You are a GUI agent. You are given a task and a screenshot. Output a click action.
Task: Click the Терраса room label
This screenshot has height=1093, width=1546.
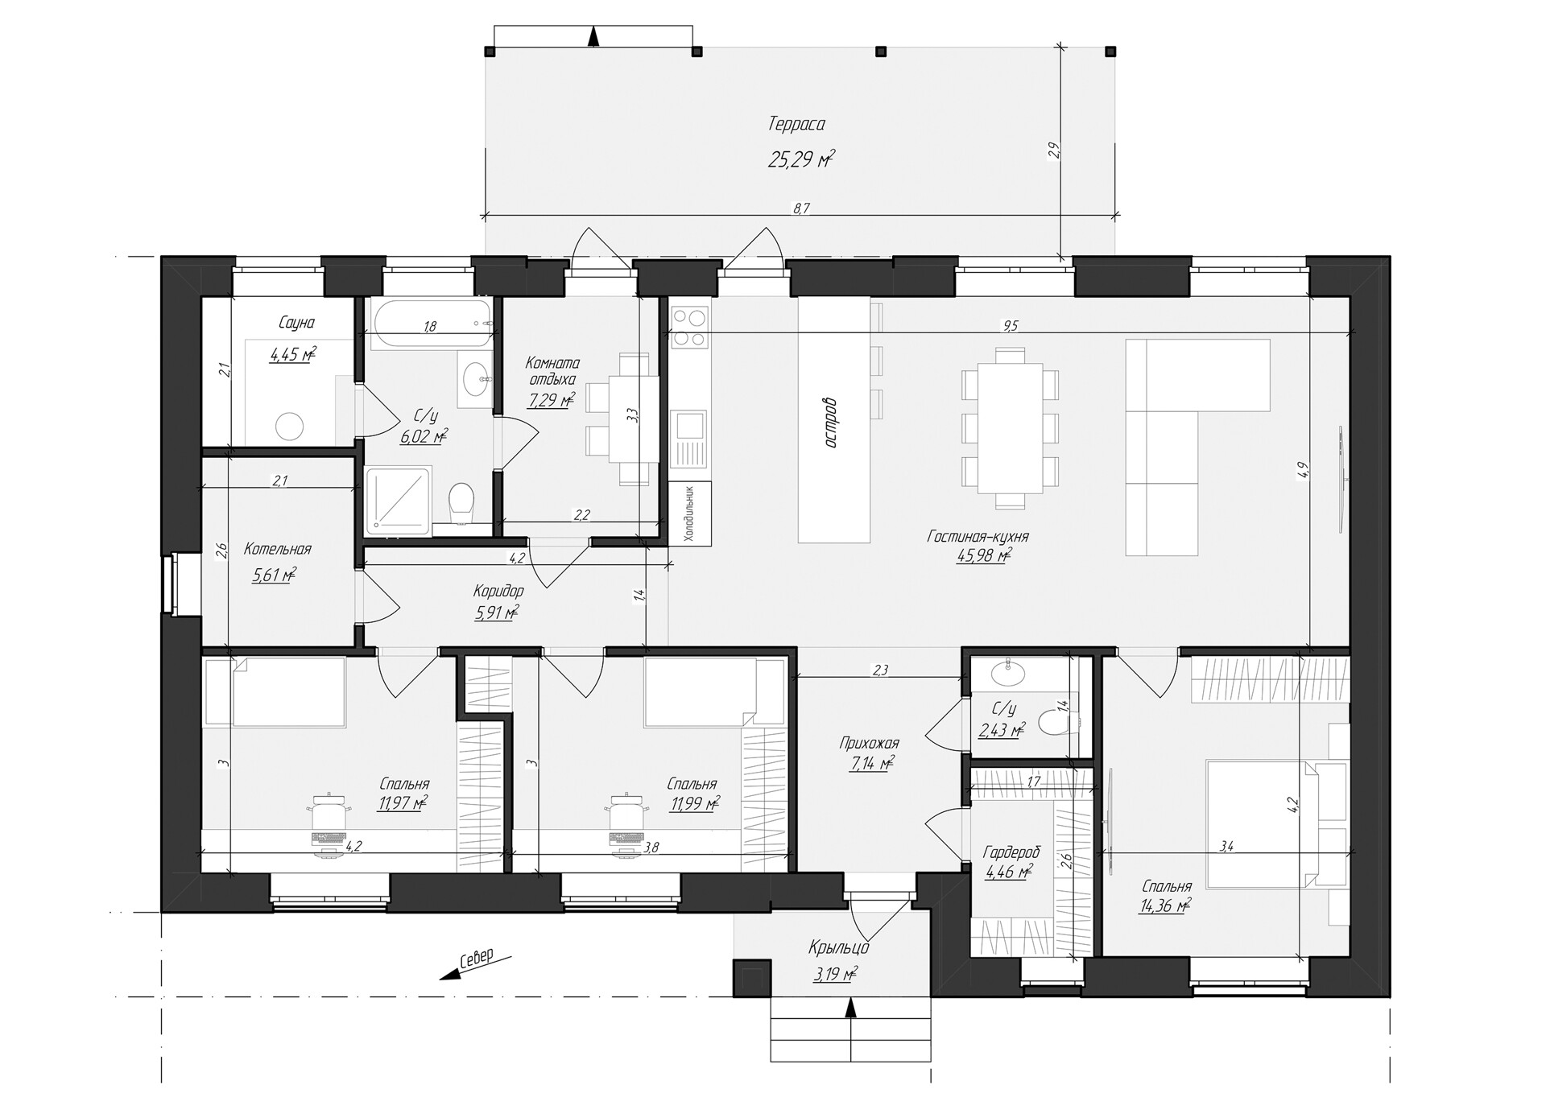(x=796, y=125)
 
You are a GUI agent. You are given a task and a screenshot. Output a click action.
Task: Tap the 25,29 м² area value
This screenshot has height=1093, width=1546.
(x=800, y=159)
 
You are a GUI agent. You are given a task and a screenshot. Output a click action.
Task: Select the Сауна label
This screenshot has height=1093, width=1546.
(x=296, y=323)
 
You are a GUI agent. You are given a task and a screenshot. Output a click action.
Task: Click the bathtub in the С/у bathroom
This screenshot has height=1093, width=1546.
(x=433, y=324)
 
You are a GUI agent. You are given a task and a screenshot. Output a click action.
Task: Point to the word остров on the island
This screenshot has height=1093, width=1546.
(x=833, y=423)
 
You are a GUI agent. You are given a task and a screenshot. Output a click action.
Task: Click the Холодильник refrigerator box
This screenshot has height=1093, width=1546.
(x=690, y=514)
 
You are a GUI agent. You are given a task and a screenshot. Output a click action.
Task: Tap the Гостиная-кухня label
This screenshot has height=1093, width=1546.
(x=978, y=536)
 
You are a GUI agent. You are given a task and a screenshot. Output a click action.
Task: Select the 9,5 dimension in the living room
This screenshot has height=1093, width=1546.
(x=1010, y=325)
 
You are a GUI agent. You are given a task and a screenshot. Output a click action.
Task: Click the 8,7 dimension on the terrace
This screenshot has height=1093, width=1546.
(x=800, y=208)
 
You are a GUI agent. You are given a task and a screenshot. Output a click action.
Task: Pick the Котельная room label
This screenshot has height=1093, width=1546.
(x=277, y=550)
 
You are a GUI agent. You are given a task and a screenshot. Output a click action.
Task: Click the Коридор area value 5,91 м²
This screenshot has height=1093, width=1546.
(x=497, y=612)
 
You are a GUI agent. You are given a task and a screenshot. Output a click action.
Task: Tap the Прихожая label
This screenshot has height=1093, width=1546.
(x=869, y=743)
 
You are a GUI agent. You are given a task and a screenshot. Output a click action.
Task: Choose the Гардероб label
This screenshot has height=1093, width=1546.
(x=1011, y=852)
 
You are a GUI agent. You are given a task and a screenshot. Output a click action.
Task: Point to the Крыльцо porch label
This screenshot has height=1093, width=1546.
(x=839, y=948)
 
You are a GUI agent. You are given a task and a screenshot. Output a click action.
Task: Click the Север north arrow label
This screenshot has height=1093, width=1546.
(x=475, y=958)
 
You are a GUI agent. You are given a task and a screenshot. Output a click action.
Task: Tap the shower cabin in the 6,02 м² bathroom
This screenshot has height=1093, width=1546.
(x=398, y=501)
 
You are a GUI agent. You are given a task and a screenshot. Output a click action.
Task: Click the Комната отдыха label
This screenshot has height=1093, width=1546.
(x=552, y=371)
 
